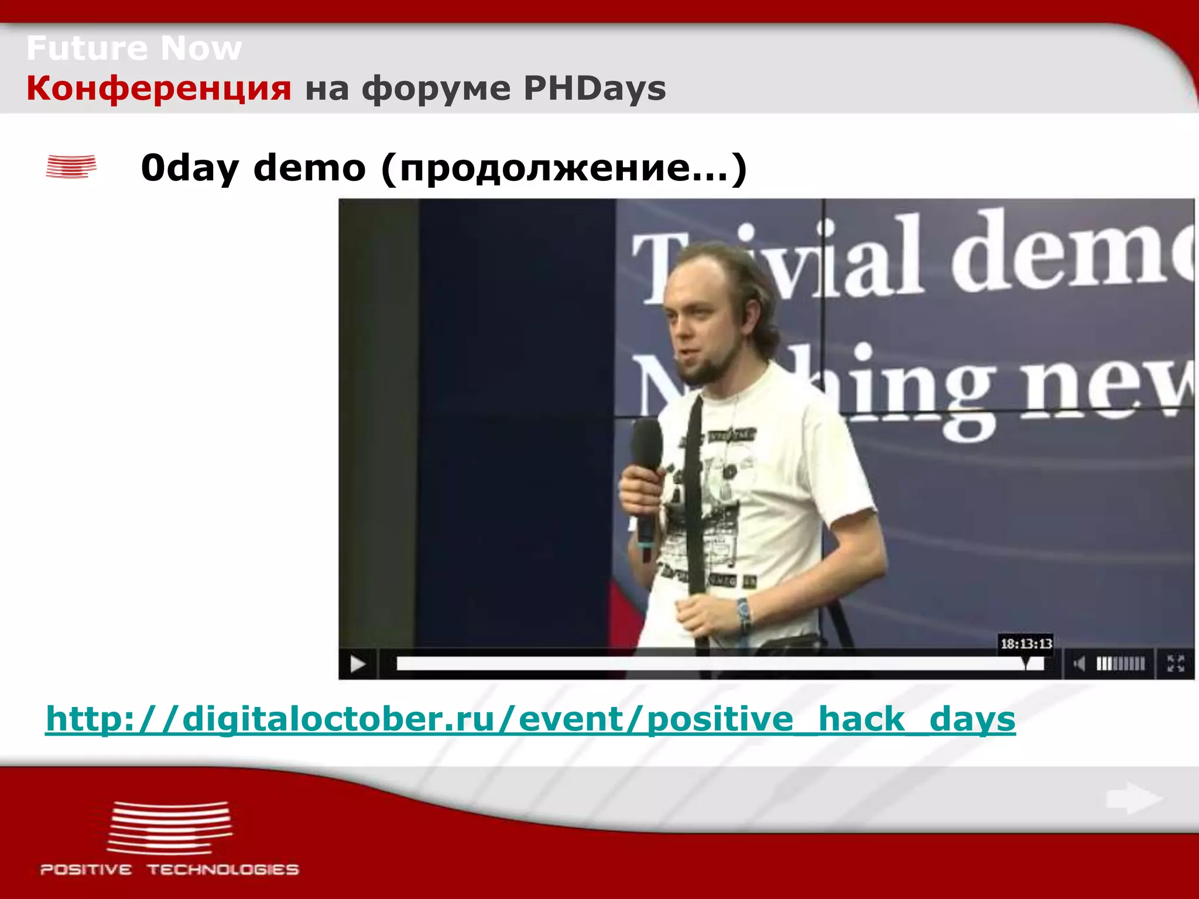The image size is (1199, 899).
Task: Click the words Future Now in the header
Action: click(133, 48)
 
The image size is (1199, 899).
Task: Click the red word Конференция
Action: click(159, 89)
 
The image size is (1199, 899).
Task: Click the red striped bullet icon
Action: click(71, 166)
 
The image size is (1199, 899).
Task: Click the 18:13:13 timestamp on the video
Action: click(1026, 644)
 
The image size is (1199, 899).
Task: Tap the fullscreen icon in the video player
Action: click(1176, 664)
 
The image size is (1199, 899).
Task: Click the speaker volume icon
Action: click(1078, 664)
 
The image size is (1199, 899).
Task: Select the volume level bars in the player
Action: click(1120, 664)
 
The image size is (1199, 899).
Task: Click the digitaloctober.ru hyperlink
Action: click(530, 719)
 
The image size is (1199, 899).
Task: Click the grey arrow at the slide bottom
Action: click(1133, 798)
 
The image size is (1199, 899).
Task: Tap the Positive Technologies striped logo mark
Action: click(170, 828)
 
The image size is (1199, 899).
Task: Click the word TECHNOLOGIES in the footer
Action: click(222, 870)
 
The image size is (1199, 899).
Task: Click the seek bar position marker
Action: click(1026, 664)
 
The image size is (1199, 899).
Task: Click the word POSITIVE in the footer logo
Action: click(86, 870)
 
